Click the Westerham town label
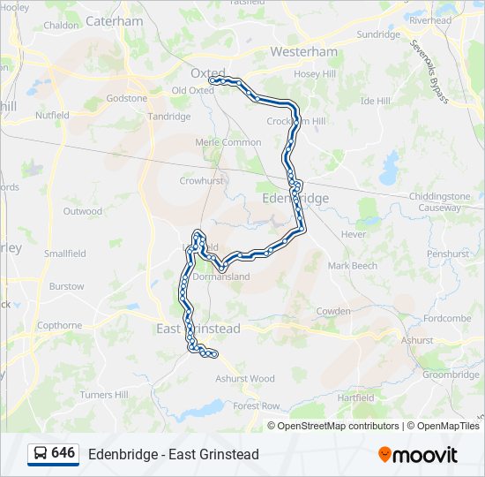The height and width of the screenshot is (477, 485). tap(303, 52)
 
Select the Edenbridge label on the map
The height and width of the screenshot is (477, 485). tap(295, 199)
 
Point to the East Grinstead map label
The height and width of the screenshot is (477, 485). tap(198, 329)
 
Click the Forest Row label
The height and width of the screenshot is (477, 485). tap(257, 405)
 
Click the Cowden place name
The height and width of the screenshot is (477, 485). tap(334, 311)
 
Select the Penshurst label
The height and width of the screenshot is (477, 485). tap(447, 254)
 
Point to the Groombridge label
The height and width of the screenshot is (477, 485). tap(450, 375)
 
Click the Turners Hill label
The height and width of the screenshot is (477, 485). tap(104, 395)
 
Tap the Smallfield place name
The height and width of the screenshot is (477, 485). tap(65, 254)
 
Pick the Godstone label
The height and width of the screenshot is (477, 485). tap(127, 98)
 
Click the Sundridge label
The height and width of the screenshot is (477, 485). tap(377, 34)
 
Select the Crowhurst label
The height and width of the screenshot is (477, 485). tap(198, 180)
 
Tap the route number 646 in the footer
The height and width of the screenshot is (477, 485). tap(63, 453)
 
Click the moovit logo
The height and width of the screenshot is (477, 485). tap(417, 455)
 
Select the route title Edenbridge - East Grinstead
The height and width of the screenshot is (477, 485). tap(173, 454)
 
